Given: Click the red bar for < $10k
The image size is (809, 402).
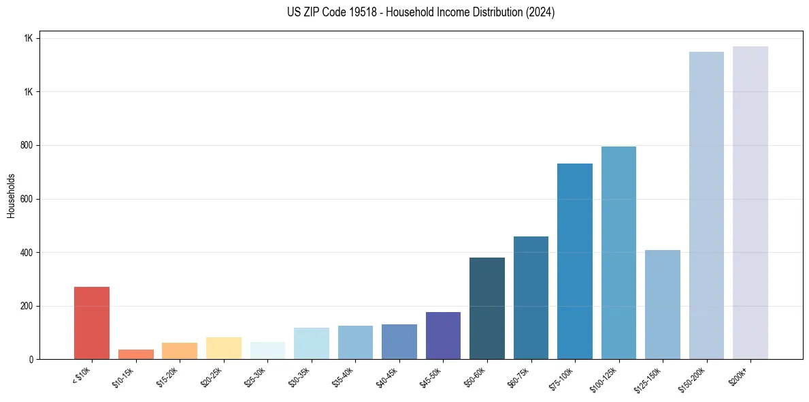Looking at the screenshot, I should (x=92, y=323).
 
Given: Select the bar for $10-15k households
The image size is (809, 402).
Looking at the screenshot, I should (x=136, y=354).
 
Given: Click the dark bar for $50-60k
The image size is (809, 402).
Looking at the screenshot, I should (x=487, y=308).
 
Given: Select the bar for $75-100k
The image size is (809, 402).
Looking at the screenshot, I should (x=575, y=261).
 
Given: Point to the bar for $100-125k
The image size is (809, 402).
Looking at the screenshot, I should (x=618, y=253).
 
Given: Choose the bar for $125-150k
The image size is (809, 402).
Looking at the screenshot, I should (x=663, y=305).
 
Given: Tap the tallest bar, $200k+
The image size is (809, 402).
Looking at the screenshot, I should (x=750, y=202).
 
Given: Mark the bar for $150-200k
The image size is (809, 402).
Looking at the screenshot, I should (x=706, y=205).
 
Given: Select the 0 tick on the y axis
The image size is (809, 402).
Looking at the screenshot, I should (x=31, y=360).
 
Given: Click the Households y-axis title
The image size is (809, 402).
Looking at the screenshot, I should (x=12, y=195).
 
